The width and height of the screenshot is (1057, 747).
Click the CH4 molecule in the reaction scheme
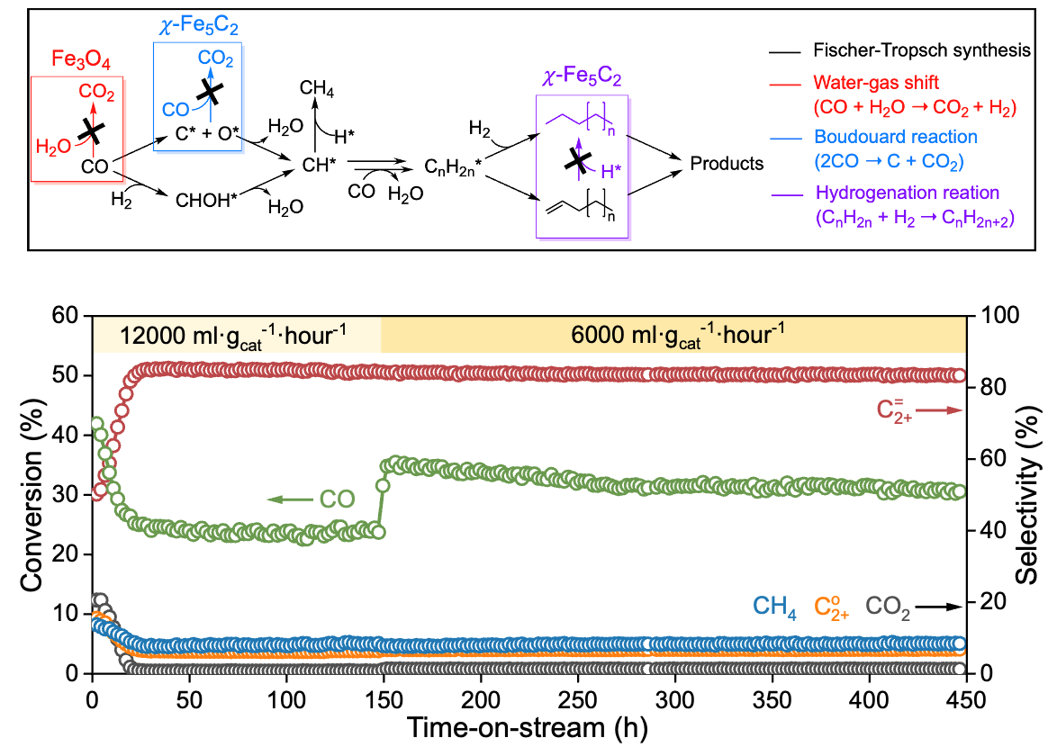coord(315,89)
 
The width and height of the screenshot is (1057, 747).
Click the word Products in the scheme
coord(727,164)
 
